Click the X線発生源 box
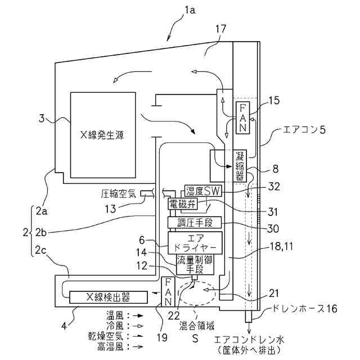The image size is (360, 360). [x=102, y=135]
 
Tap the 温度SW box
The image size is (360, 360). [x=203, y=191]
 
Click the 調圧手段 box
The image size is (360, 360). [x=195, y=223]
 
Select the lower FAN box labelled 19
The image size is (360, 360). [x=169, y=292]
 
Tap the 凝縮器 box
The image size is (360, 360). [x=241, y=166]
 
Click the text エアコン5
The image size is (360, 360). [x=298, y=131]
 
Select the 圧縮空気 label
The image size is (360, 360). [x=120, y=193]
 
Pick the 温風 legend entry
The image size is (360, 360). [x=115, y=317]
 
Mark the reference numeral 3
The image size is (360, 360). [x=41, y=118]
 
